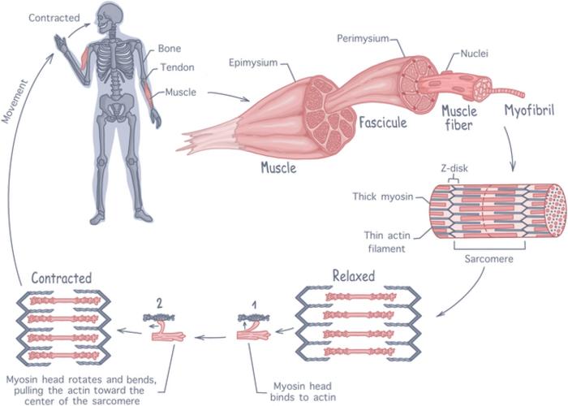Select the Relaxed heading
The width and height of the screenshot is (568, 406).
(353, 276)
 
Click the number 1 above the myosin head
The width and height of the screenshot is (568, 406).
(254, 304)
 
